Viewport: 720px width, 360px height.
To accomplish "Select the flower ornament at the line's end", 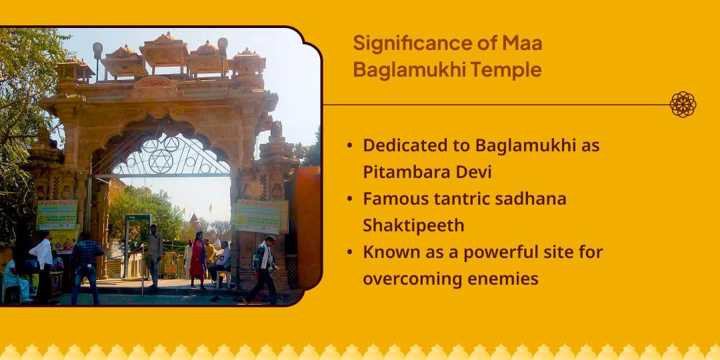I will point(683,105).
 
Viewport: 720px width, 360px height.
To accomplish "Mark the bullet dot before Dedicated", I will point(351,145).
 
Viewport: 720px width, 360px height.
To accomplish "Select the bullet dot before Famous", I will point(351,199).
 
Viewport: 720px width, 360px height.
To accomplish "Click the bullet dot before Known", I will point(351,253).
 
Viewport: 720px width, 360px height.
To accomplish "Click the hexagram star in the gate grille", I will point(161,160).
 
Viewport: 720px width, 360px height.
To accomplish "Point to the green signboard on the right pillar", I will point(259,216).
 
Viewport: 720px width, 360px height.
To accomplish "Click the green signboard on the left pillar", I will point(57,215).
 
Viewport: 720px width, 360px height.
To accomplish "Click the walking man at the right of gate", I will point(265,268).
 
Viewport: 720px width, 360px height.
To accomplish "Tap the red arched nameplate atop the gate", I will point(155,84).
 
